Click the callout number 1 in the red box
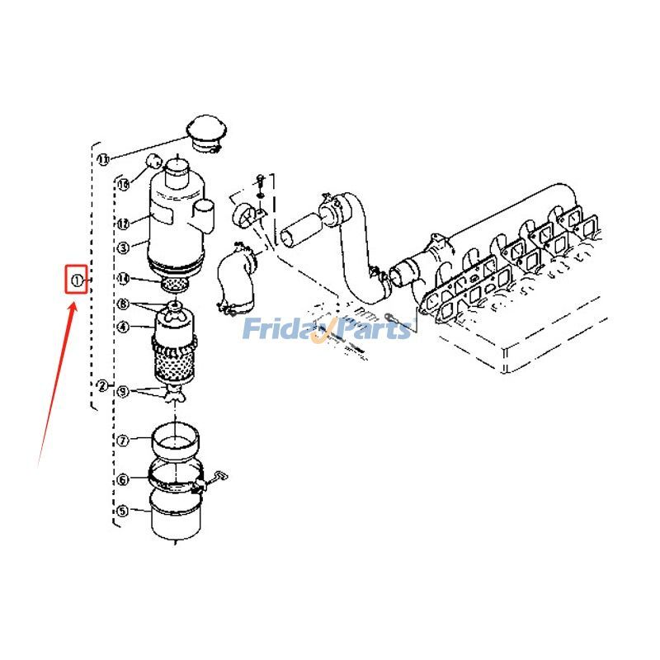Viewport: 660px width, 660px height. [x=77, y=280]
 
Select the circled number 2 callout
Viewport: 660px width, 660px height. [x=101, y=385]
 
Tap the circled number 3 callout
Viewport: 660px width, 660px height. [x=123, y=247]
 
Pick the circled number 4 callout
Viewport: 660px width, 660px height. [x=123, y=327]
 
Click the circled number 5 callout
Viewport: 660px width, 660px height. [x=123, y=511]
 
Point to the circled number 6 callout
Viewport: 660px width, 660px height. [x=123, y=479]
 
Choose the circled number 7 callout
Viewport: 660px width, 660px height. [x=123, y=441]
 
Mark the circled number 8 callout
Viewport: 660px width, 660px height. [x=123, y=304]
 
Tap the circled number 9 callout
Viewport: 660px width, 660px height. [x=123, y=392]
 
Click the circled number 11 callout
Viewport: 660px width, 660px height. [x=103, y=158]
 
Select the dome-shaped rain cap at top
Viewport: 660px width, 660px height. [x=205, y=132]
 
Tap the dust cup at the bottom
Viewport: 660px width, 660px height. [x=175, y=516]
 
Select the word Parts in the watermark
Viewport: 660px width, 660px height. [x=376, y=330]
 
